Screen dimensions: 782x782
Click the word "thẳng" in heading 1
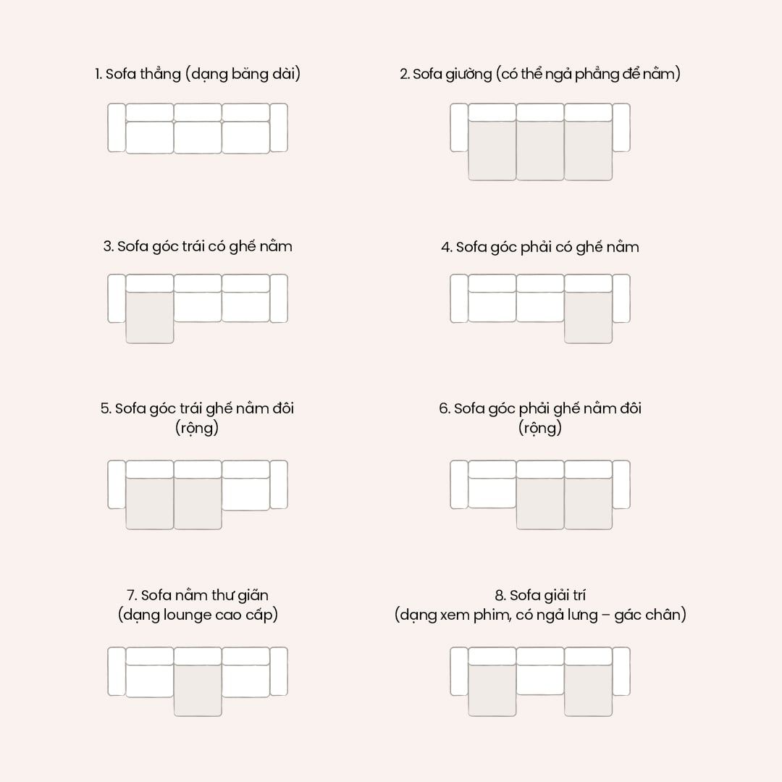click(x=159, y=75)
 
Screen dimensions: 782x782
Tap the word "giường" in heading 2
click(x=468, y=75)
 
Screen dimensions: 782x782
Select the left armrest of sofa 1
click(x=117, y=127)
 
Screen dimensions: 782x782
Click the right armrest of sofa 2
click(x=621, y=127)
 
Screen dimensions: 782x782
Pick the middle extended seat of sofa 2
click(x=540, y=150)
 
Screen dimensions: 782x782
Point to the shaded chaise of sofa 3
click(x=150, y=317)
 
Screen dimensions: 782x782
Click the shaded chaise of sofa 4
click(x=588, y=317)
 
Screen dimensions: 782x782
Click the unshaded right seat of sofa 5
click(x=246, y=494)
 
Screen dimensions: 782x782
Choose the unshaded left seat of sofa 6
click(x=492, y=492)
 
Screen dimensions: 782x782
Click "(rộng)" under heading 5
click(x=197, y=428)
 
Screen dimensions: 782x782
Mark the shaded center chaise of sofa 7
click(x=198, y=690)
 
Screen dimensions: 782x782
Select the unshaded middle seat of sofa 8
click(x=540, y=679)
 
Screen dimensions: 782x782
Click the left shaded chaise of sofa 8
click(x=492, y=690)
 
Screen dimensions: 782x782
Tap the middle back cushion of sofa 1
click(x=198, y=112)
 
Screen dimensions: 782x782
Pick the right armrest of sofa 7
click(x=279, y=671)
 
